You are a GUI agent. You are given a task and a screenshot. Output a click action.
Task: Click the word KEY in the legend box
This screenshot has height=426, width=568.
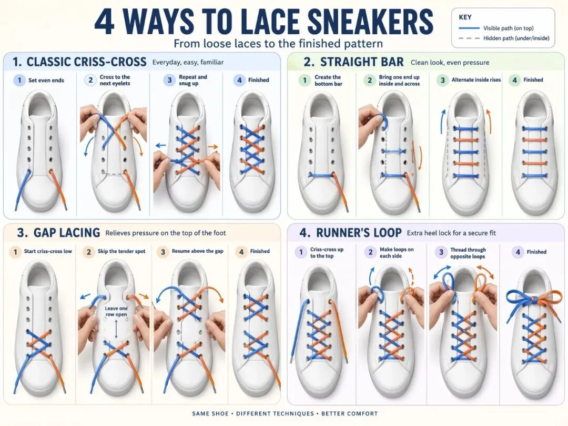(465, 17)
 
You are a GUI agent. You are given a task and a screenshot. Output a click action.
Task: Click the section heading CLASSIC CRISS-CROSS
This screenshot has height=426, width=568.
(86, 62)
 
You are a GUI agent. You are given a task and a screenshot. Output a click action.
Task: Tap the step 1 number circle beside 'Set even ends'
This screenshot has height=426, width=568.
(19, 80)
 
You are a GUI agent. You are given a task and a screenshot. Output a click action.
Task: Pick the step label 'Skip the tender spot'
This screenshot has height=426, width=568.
(121, 251)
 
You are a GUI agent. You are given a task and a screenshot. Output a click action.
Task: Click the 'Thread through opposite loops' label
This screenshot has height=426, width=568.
(468, 253)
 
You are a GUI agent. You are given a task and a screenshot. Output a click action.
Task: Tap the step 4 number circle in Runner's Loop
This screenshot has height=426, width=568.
(518, 252)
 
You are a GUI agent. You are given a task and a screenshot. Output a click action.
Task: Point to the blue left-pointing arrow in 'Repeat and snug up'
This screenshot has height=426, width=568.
(161, 144)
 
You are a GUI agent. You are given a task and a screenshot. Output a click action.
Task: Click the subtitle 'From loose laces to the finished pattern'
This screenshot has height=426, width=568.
(278, 43)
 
